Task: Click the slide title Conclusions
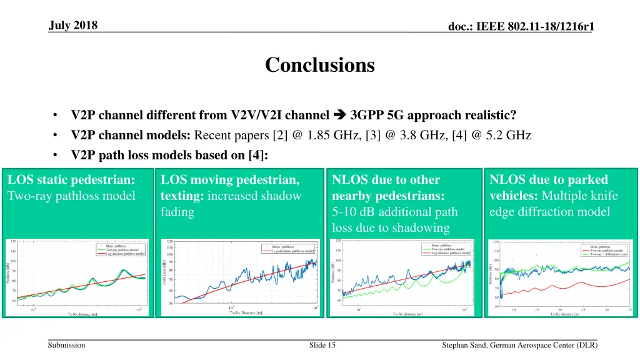coord(319,65)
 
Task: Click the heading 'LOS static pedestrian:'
coord(71,180)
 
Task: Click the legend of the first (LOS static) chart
coord(121,249)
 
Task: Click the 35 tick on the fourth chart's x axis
coord(628,309)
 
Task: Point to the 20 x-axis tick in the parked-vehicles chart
coord(560,309)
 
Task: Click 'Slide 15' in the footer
coord(322,346)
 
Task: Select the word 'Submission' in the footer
coord(66,346)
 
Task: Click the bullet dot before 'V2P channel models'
coord(56,135)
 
